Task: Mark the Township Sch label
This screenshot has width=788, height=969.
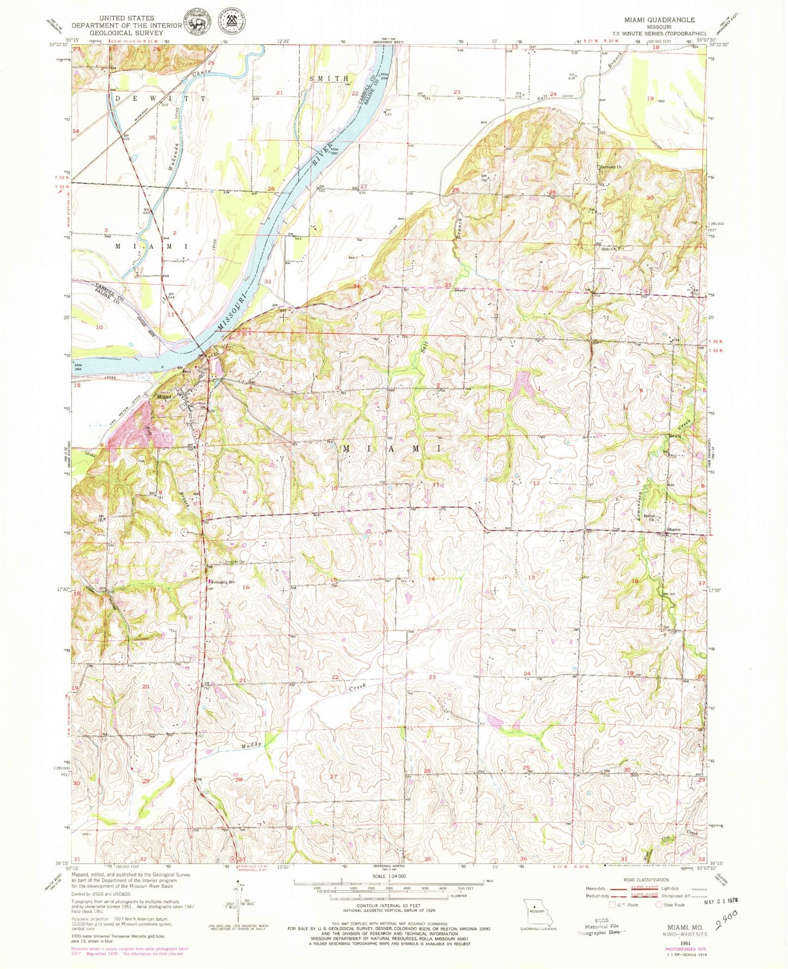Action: [x=224, y=582]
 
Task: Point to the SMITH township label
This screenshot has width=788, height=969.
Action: [x=329, y=79]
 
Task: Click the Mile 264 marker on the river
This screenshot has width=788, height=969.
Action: [x=78, y=367]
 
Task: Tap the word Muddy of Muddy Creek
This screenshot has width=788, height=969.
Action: [x=251, y=745]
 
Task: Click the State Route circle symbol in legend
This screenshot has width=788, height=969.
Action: [x=659, y=905]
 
